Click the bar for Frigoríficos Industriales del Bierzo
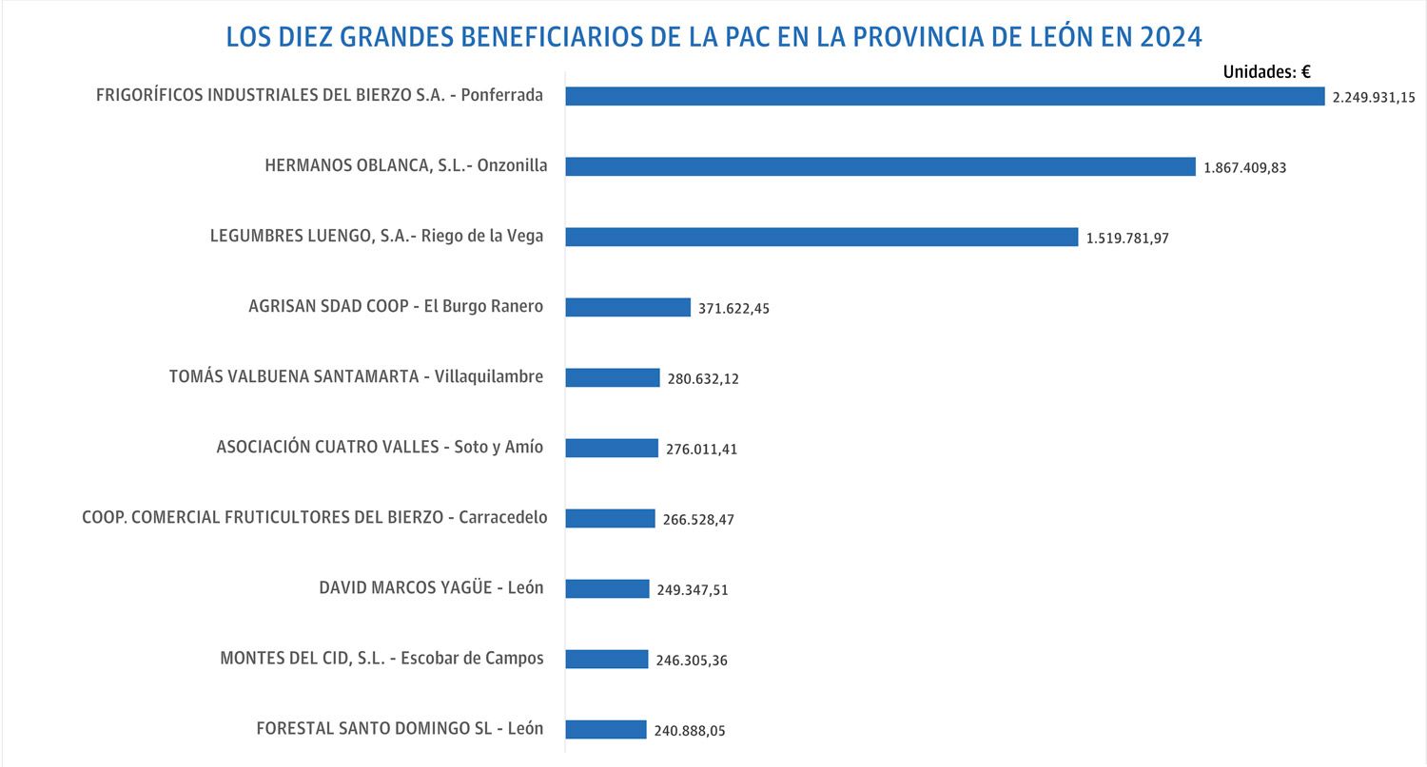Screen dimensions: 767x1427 [x=945, y=96]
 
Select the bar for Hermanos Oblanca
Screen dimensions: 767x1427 [x=880, y=166]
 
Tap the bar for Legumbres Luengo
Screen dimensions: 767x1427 [x=821, y=237]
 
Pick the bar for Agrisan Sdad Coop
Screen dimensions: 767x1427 [x=628, y=307]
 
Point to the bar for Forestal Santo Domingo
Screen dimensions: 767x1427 [x=606, y=729]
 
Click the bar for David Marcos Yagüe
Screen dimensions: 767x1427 [x=607, y=588]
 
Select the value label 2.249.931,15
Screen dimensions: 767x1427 [x=1373, y=98]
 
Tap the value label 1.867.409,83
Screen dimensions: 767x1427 [x=1244, y=168]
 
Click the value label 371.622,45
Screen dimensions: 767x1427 [x=733, y=309]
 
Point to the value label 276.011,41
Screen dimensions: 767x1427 [x=701, y=450]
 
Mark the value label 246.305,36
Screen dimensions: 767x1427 [x=692, y=661]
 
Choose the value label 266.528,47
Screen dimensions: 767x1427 [x=698, y=520]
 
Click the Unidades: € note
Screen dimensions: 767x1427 [x=1266, y=71]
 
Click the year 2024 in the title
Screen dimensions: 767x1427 [x=1171, y=36]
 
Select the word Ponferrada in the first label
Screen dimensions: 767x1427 [x=501, y=95]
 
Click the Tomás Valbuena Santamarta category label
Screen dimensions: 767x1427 [x=356, y=376]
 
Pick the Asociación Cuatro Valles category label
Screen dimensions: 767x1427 [x=380, y=447]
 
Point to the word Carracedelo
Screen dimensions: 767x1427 [x=503, y=517]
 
